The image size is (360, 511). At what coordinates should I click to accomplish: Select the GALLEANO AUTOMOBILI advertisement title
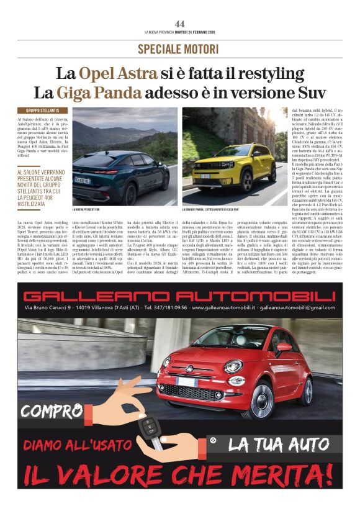pos(179,296)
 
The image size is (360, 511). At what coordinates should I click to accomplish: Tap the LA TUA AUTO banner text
pos(277,445)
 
